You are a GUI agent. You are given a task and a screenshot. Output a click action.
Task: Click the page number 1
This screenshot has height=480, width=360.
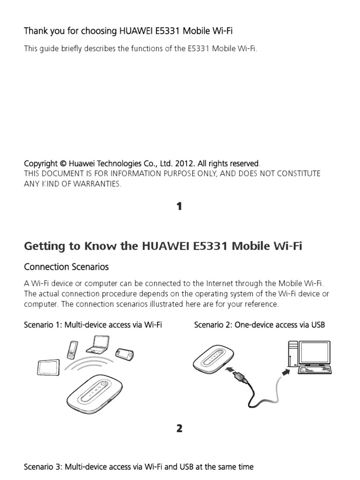point(180,206)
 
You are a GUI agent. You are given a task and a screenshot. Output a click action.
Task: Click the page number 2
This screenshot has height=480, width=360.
point(180,428)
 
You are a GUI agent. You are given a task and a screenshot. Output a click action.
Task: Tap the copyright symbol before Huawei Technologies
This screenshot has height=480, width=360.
point(63,164)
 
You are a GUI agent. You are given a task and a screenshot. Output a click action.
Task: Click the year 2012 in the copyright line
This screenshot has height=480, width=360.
point(184,164)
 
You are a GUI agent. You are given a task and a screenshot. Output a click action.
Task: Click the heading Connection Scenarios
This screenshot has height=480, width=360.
point(66,267)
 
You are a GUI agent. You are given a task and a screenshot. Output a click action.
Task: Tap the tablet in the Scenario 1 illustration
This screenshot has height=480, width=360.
point(48,367)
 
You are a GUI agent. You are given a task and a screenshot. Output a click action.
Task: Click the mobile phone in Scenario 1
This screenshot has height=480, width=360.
point(73,350)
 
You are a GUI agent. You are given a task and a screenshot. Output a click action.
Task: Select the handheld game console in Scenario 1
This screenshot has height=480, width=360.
point(125,355)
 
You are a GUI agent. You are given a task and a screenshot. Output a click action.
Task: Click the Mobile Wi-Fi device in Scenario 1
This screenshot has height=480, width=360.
point(95,397)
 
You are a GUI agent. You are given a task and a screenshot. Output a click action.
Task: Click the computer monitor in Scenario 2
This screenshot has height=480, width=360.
point(315,353)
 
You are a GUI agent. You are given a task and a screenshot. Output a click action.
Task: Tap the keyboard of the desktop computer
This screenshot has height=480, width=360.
point(315,370)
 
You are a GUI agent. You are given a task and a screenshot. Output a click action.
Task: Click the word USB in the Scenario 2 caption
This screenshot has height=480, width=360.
point(318,325)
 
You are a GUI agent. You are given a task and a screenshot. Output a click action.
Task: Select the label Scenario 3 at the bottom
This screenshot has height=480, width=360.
point(43,467)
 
